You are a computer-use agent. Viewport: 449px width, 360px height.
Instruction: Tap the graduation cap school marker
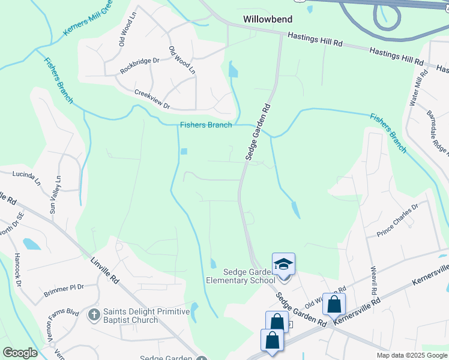(283, 265)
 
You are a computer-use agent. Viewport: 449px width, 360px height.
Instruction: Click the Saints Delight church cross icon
(94, 314)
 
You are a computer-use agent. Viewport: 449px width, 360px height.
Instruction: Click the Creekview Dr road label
(152, 100)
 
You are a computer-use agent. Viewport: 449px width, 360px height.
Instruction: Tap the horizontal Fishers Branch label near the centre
(205, 125)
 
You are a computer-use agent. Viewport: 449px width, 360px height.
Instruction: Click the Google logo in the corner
(20, 352)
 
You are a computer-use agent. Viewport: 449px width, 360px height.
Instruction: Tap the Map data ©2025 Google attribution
(412, 355)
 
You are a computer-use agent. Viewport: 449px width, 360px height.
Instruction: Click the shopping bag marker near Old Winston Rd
(334, 304)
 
